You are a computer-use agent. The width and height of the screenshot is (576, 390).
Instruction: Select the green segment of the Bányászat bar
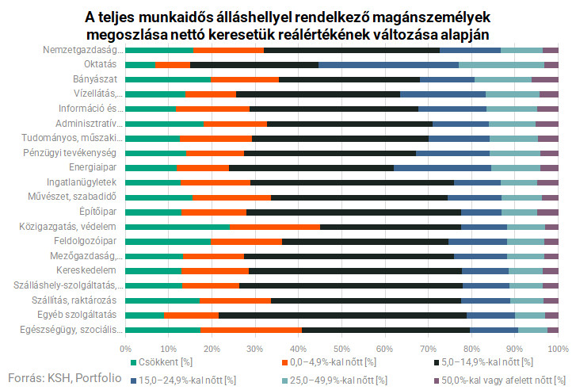click(x=168, y=79)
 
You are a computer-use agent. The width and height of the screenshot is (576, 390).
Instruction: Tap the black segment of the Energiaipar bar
click(x=311, y=167)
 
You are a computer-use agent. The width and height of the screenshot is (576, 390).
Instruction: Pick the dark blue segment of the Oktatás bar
click(x=388, y=65)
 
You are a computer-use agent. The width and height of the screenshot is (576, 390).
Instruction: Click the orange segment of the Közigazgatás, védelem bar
click(x=275, y=227)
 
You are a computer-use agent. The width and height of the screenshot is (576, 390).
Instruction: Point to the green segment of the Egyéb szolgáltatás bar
click(x=145, y=315)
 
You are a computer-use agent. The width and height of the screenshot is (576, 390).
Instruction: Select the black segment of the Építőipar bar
click(x=353, y=212)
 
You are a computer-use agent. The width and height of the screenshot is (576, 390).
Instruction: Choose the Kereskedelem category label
click(x=86, y=270)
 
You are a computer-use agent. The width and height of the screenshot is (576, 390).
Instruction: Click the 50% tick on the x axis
click(x=341, y=348)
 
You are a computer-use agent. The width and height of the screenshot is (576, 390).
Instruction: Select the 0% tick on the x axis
click(x=125, y=348)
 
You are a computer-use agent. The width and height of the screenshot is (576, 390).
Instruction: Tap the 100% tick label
click(x=557, y=348)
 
